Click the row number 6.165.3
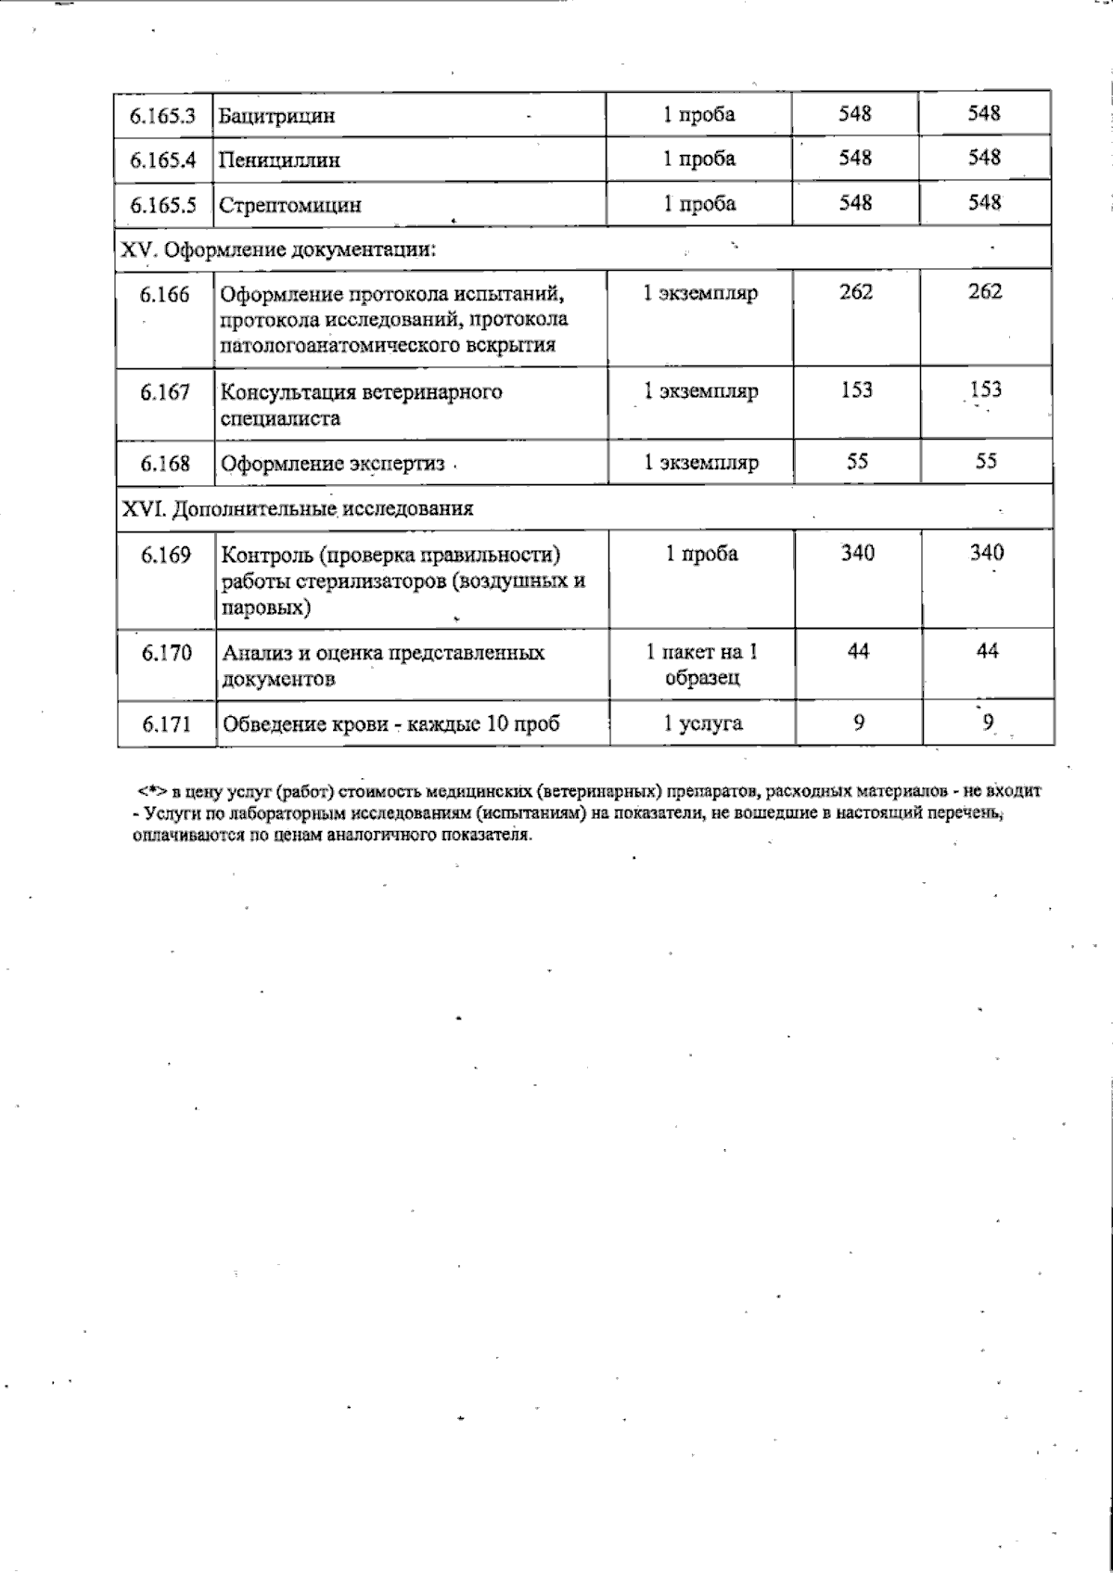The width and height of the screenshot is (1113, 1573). [163, 116]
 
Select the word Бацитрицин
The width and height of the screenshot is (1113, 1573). [276, 117]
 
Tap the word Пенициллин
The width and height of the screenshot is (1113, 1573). [279, 160]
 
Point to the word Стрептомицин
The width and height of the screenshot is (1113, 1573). [289, 205]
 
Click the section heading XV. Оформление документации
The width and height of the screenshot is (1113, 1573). [279, 249]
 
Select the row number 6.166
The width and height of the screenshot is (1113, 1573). [165, 295]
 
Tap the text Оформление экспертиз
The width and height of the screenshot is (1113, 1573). [332, 463]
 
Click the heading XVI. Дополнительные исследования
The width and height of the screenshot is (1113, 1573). [298, 508]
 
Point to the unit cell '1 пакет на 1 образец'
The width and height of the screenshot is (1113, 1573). [701, 664]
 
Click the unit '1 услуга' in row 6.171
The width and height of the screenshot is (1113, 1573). [702, 723]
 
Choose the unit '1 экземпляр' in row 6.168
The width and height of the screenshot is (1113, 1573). [701, 462]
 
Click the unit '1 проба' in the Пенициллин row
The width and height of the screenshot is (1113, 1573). [698, 159]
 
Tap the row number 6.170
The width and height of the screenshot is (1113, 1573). [167, 653]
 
